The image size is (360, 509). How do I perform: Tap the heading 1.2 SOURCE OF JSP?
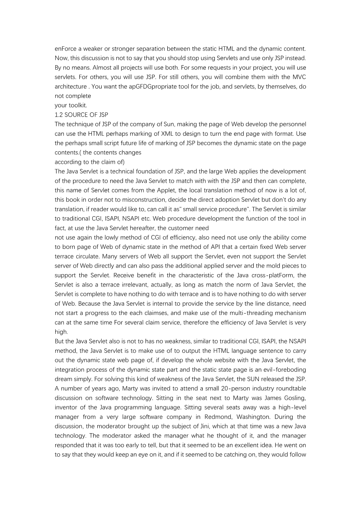(x=81, y=115)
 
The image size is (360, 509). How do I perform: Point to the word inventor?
(x=67, y=407)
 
